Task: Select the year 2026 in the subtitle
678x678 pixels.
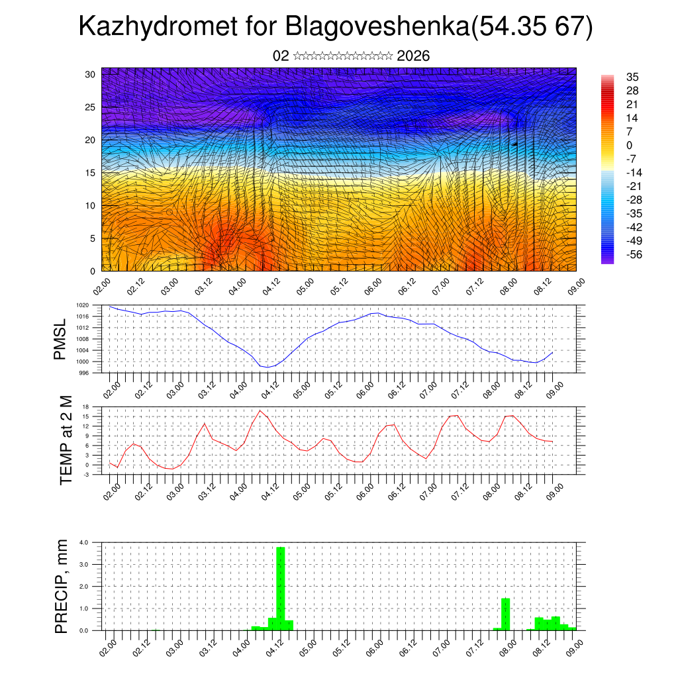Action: click(x=414, y=56)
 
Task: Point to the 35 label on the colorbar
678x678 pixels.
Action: click(x=632, y=77)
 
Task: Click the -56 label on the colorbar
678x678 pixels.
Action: click(x=634, y=254)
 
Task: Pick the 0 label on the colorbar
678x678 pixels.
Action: click(x=629, y=145)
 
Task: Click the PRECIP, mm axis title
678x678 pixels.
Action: click(x=62, y=585)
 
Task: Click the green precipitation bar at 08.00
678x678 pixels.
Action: click(x=505, y=614)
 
